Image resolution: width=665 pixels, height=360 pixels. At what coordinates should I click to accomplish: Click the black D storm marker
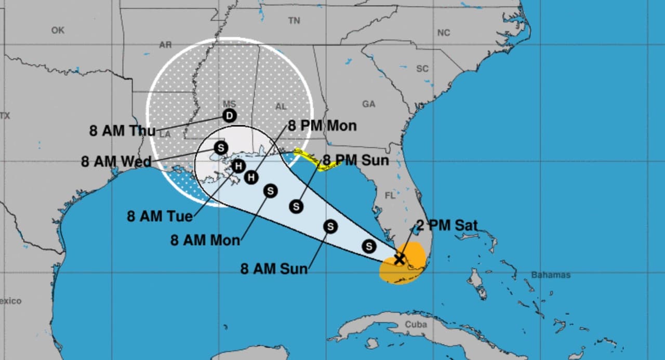click(x=229, y=116)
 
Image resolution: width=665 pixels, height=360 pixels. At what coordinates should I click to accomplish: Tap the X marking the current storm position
click(x=399, y=259)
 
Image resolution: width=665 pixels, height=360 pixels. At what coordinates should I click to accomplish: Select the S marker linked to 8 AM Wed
click(x=221, y=148)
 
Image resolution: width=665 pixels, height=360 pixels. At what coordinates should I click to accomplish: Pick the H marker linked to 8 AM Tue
click(x=238, y=166)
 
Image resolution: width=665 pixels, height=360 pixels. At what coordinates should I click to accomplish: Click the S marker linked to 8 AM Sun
click(x=330, y=226)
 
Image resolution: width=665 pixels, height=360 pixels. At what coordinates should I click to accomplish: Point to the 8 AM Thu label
click(x=122, y=131)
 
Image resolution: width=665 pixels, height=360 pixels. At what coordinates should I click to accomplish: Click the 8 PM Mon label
click(x=322, y=126)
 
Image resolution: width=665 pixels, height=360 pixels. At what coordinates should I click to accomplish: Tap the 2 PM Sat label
click(x=447, y=226)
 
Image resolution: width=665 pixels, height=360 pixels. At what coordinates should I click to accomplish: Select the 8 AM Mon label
click(x=205, y=241)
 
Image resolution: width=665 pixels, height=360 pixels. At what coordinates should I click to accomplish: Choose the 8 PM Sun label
click(x=356, y=161)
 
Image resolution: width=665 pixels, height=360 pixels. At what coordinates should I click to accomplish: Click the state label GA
click(x=368, y=104)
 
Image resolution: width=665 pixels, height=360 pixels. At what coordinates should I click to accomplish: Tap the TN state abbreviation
click(x=294, y=21)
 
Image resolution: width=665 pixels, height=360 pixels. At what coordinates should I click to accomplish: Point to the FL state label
click(x=390, y=196)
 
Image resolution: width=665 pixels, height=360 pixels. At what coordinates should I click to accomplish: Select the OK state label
click(x=58, y=31)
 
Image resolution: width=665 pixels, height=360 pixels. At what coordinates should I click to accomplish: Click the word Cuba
click(x=416, y=325)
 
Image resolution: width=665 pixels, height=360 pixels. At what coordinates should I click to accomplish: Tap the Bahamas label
click(x=551, y=275)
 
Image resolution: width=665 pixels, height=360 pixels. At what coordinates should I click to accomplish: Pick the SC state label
click(x=422, y=69)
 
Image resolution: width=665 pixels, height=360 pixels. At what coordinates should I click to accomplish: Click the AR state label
click(x=165, y=45)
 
